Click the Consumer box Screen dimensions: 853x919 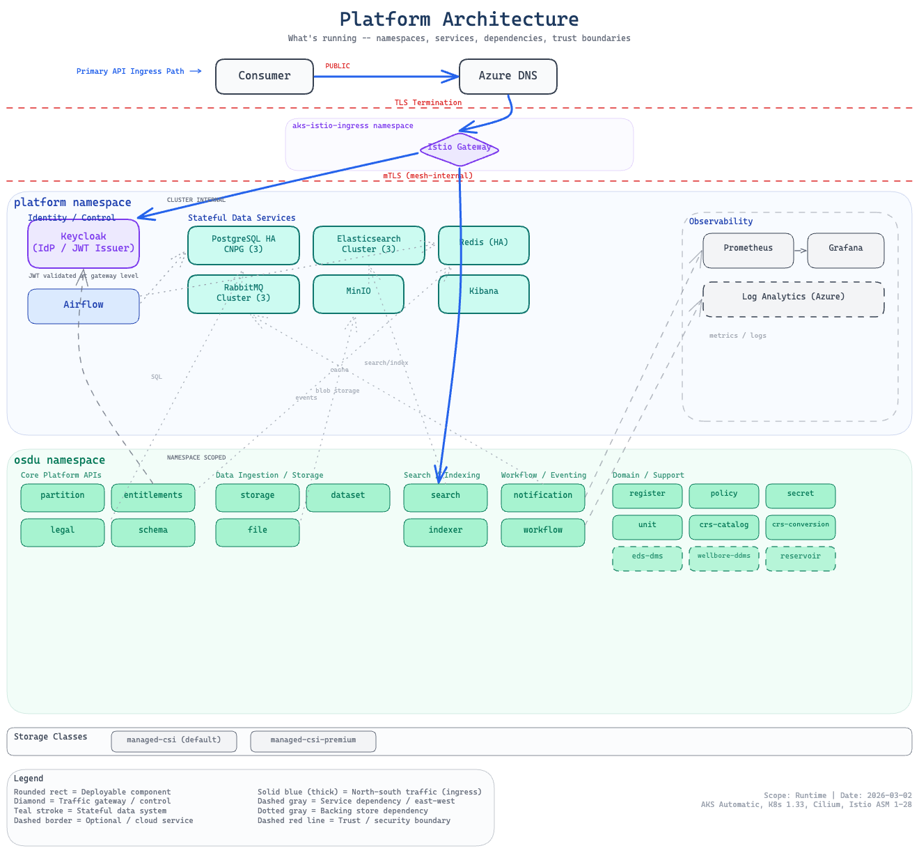tap(265, 77)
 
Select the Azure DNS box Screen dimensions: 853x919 tap(508, 77)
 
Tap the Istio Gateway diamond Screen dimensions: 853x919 tap(459, 148)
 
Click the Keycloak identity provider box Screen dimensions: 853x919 tap(84, 244)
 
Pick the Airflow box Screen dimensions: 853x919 tap(84, 306)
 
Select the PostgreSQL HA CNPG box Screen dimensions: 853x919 tap(244, 245)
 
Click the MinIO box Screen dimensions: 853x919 tap(359, 294)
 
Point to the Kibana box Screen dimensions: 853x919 tap(484, 294)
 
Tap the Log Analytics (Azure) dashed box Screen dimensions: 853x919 tap(794, 299)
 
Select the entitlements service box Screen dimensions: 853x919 tap(153, 497)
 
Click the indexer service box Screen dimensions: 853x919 tap(446, 532)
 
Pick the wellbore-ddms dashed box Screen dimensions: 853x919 tap(724, 558)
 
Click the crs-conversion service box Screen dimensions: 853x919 tap(801, 527)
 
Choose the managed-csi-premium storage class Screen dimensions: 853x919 tap(313, 742)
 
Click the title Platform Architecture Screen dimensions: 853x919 tap(459, 19)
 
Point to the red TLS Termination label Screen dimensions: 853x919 tap(428, 103)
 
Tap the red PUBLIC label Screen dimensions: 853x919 tap(338, 66)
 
